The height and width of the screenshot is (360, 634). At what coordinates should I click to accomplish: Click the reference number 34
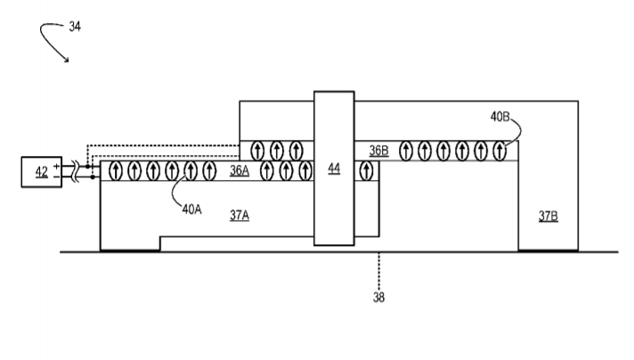[x=75, y=27]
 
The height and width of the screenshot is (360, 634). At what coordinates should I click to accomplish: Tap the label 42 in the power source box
[x=41, y=172]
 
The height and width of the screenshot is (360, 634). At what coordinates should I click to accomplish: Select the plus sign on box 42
[x=57, y=166]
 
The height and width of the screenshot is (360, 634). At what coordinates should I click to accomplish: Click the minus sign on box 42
[x=57, y=176]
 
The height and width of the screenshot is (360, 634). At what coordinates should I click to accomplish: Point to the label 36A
[x=240, y=171]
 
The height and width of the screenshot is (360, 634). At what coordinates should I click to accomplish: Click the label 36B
[x=378, y=151]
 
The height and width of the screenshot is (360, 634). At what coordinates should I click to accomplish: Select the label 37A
[x=240, y=215]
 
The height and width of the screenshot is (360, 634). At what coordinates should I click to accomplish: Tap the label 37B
[x=549, y=216]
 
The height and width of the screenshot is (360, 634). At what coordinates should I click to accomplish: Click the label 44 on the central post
[x=334, y=168]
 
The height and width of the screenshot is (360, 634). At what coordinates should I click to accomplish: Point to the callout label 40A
[x=191, y=209]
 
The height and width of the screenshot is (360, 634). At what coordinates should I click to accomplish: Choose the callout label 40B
[x=500, y=117]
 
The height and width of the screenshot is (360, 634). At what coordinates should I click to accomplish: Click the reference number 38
[x=378, y=298]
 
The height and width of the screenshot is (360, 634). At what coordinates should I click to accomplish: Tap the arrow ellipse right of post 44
[x=366, y=171]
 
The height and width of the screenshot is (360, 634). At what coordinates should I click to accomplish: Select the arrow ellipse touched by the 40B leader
[x=500, y=151]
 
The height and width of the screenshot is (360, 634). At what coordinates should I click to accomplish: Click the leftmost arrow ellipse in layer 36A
[x=116, y=171]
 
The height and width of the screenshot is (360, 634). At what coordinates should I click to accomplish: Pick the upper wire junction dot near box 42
[x=88, y=167]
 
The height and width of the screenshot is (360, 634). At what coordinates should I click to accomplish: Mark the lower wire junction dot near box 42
[x=93, y=177]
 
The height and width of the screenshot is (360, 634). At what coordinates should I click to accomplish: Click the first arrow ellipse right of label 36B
[x=405, y=151]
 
